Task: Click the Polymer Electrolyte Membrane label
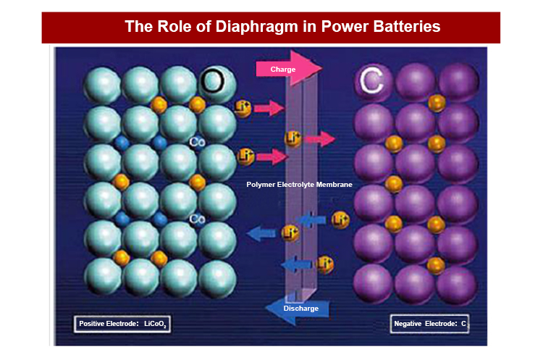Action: [299, 185]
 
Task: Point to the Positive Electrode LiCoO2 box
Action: [123, 323]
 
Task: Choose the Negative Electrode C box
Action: [429, 324]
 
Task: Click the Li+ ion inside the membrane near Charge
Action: [292, 138]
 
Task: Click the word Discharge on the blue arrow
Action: [300, 309]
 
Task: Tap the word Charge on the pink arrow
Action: [282, 69]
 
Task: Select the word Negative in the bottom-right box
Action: [409, 324]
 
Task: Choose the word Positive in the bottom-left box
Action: [93, 323]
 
